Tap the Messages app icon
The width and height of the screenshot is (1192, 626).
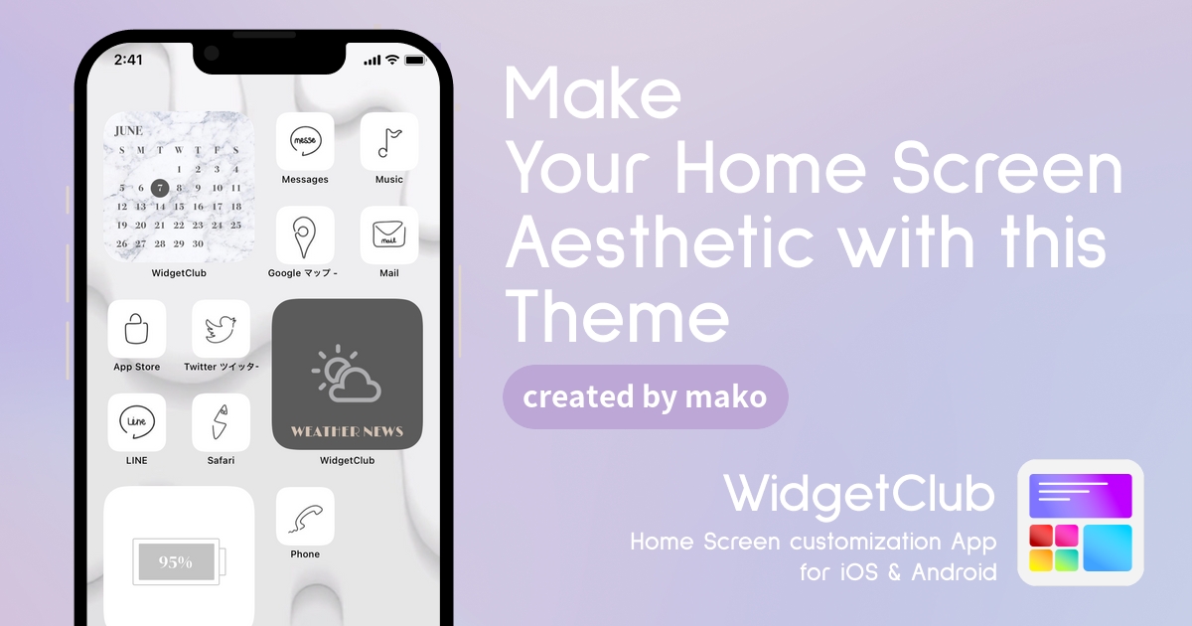click(x=305, y=141)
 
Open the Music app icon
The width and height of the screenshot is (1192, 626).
click(x=389, y=141)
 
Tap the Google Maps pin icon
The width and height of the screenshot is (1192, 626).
click(x=305, y=235)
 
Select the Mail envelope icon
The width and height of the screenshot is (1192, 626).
click(x=389, y=235)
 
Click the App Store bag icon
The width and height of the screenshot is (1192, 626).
click(x=137, y=329)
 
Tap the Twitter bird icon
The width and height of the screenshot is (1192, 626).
click(x=221, y=329)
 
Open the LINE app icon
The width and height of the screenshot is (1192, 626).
click(x=137, y=422)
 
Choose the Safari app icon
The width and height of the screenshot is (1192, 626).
click(x=221, y=422)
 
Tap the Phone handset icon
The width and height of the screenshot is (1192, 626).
click(x=305, y=516)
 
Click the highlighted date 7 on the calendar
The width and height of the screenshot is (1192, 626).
click(x=160, y=188)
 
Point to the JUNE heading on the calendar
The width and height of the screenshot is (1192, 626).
click(x=128, y=131)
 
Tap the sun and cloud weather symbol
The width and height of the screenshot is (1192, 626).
click(x=347, y=374)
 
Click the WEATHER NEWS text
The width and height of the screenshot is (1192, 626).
click(x=347, y=431)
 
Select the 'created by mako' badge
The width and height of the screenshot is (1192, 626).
click(x=645, y=397)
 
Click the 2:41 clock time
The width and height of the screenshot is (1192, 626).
click(x=128, y=60)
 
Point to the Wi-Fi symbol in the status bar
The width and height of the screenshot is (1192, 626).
click(x=392, y=60)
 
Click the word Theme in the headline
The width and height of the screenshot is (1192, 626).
click(x=617, y=317)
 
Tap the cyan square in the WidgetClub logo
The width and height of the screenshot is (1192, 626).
click(x=1108, y=548)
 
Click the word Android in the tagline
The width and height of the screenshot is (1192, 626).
click(x=955, y=572)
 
